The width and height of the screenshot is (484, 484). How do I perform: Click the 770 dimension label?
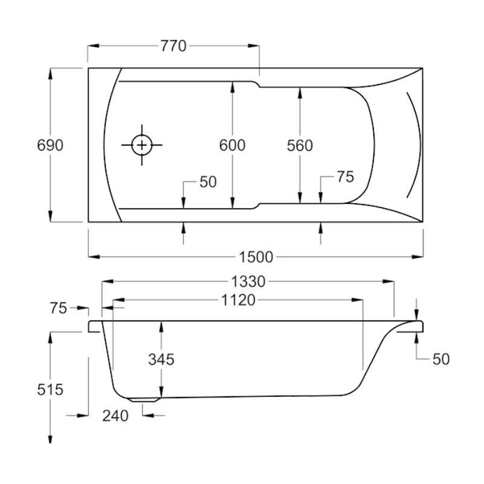[173, 46]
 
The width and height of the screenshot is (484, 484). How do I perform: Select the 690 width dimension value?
[50, 145]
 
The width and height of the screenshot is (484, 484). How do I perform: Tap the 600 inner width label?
[232, 145]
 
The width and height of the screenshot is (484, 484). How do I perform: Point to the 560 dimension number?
[299, 145]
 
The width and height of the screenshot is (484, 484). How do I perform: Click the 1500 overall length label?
[256, 257]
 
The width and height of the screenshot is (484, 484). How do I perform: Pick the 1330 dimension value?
[248, 281]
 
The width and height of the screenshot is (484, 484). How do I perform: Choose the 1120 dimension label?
[238, 299]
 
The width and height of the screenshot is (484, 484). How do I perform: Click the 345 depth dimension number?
[161, 359]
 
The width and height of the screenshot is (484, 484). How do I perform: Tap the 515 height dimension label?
[50, 390]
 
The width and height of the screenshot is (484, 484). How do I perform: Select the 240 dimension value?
[115, 416]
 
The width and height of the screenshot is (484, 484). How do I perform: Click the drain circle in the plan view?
[142, 145]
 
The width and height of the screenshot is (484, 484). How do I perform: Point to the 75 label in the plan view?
[345, 177]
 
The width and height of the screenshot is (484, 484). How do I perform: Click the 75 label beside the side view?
[58, 308]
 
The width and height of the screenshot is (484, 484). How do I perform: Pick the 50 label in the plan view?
[208, 182]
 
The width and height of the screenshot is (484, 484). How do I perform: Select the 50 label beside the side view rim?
[441, 359]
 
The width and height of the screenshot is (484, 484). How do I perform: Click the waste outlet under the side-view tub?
[145, 399]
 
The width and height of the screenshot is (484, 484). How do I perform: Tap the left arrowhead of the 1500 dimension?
[94, 257]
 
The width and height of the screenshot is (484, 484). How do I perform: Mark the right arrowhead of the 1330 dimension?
[388, 281]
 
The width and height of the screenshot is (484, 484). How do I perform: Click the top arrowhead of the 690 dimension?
[51, 73]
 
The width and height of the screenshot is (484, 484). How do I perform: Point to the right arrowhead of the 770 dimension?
[253, 46]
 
